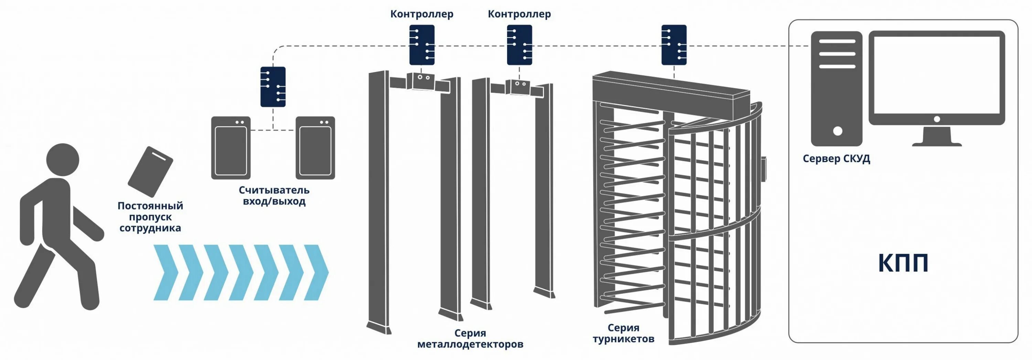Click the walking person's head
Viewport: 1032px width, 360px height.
(x=63, y=160)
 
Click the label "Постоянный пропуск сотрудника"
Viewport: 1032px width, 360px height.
(x=150, y=217)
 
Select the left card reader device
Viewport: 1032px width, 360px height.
(x=231, y=148)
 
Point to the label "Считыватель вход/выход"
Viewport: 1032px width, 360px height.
(x=274, y=195)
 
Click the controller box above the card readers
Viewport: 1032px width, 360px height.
(x=273, y=87)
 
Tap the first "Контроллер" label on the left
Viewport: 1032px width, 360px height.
(x=421, y=14)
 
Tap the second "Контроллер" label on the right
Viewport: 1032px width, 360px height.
(x=519, y=14)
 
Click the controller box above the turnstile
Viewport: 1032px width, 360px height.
(x=674, y=45)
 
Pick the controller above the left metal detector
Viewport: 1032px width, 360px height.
(x=421, y=45)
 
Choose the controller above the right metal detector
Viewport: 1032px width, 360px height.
(x=519, y=45)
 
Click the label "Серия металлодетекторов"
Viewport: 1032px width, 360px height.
(x=470, y=339)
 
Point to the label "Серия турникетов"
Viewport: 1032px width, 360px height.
(x=623, y=333)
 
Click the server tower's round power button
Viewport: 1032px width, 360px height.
(x=837, y=131)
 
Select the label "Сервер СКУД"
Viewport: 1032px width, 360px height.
(x=836, y=159)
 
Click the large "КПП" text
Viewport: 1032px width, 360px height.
(x=903, y=263)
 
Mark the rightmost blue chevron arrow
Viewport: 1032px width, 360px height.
(x=317, y=272)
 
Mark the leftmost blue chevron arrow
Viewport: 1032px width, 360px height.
(x=166, y=272)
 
